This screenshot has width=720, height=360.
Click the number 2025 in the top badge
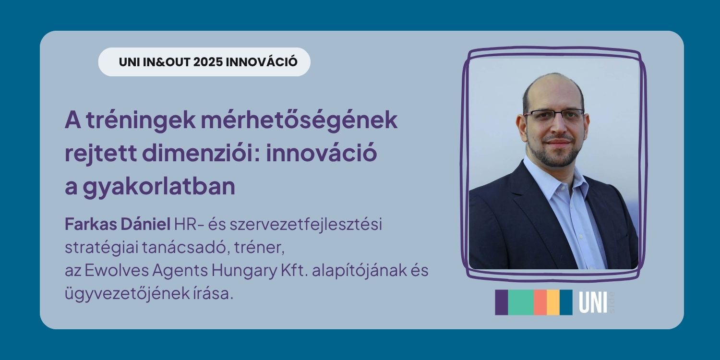tap(208, 62)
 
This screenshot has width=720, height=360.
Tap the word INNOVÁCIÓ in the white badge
tap(262, 62)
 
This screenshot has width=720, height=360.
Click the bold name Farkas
tap(90, 224)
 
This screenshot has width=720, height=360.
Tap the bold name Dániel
tap(145, 224)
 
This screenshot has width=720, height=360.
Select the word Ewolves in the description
tap(117, 271)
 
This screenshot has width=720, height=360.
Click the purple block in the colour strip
tap(502, 302)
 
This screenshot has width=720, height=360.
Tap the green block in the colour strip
tap(521, 302)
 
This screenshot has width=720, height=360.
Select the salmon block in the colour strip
tap(540, 302)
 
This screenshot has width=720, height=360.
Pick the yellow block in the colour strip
tap(553, 302)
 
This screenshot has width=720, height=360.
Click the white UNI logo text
tap(593, 302)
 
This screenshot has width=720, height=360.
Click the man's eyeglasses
tap(554, 115)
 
